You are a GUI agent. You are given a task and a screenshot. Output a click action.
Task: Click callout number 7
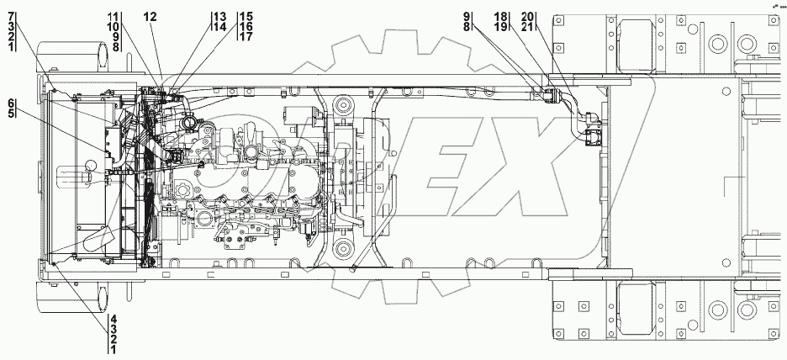point(11,17)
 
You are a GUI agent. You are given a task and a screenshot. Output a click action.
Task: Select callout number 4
point(114,319)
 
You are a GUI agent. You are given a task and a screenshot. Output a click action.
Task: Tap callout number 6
point(11,103)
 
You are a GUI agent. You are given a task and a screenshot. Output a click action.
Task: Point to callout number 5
point(11,113)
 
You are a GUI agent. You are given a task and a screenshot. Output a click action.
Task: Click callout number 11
point(113,17)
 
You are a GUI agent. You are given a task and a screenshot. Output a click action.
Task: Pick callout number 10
point(113,27)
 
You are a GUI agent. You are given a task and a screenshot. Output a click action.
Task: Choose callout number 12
point(150,17)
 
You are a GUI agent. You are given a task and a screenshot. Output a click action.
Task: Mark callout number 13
point(219,17)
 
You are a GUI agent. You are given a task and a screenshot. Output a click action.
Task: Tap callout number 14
point(219,27)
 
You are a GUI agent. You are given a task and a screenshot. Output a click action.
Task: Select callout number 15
point(246,17)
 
